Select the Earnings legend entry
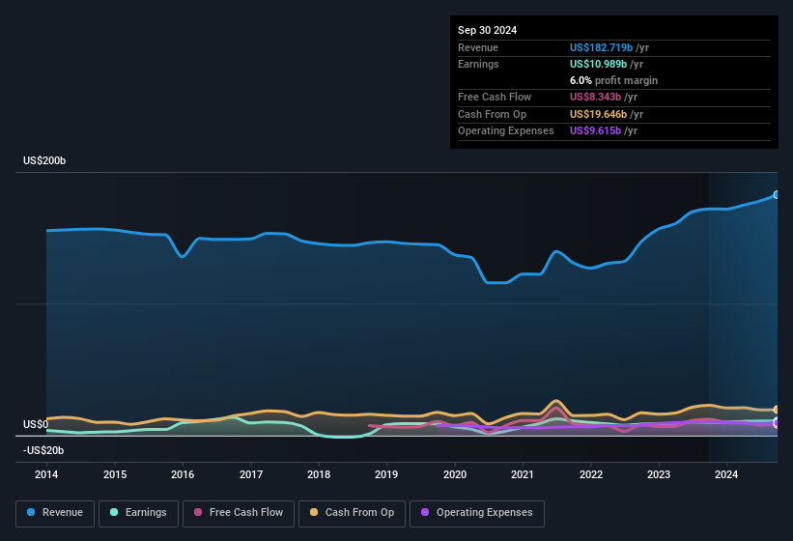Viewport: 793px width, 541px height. pos(139,512)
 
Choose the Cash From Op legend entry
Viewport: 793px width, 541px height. pos(353,512)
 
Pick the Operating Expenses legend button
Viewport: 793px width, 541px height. pos(477,512)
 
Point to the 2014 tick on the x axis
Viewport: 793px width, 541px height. pos(46,474)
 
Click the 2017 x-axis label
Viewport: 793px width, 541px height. pos(251,474)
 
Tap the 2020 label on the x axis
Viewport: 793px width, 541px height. pos(455,474)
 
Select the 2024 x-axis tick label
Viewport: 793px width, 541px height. pos(726,474)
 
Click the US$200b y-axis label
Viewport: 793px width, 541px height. pos(44,160)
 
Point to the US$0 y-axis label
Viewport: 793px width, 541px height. pos(36,424)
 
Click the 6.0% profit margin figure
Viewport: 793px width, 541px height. pos(581,80)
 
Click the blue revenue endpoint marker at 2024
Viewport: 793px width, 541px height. pos(777,195)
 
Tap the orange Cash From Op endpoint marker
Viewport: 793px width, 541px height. pos(777,410)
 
